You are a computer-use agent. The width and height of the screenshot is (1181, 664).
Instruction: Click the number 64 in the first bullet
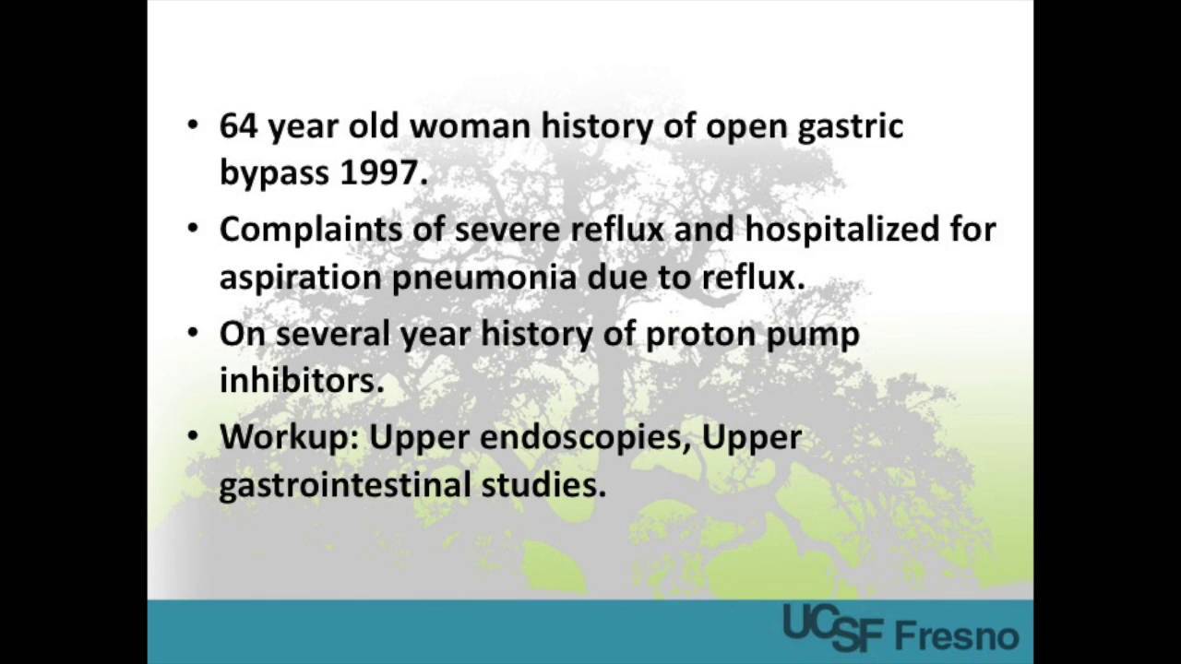(x=239, y=126)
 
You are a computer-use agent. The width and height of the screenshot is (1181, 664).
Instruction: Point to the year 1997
(x=384, y=172)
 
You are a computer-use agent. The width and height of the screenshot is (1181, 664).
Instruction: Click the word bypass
(x=275, y=174)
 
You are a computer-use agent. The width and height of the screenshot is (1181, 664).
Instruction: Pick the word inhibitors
(x=301, y=380)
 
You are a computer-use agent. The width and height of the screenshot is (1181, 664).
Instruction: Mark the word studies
(x=543, y=485)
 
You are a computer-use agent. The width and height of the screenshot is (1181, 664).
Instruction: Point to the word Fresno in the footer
(x=957, y=635)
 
